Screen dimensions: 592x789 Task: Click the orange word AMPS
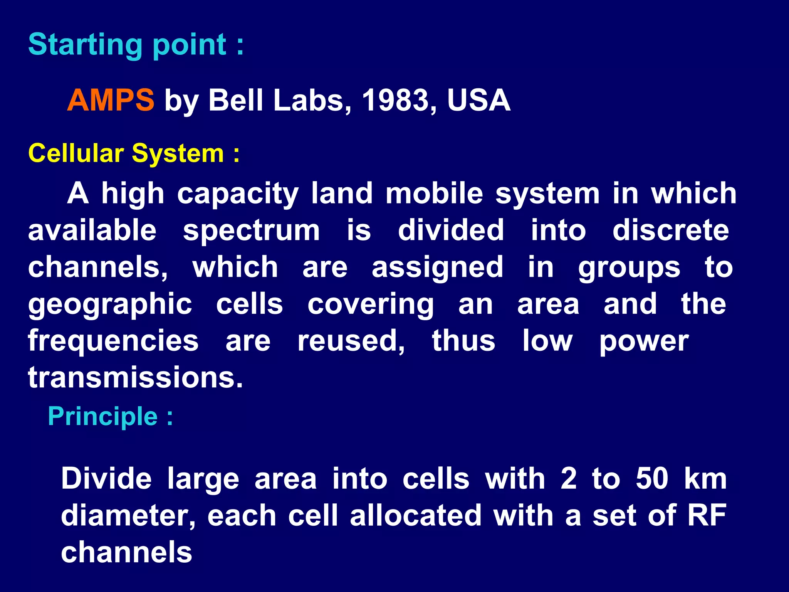pos(111,100)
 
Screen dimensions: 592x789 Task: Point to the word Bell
pos(236,100)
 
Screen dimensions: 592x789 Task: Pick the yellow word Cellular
pos(76,153)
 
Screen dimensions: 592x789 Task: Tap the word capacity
pos(238,194)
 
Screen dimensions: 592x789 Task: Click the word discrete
pos(670,230)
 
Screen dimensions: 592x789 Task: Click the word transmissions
pos(135,377)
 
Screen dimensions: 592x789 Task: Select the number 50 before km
pos(652,479)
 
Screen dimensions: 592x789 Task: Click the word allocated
pos(416,515)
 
